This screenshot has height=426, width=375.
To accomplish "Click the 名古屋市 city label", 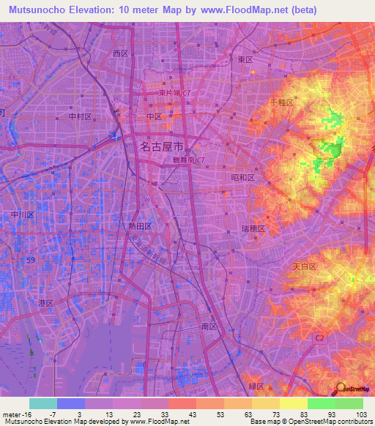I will (x=162, y=146).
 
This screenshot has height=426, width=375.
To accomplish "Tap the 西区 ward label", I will (x=121, y=53).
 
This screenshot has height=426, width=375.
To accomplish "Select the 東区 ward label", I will (x=245, y=59).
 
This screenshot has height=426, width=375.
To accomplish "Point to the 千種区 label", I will (x=282, y=103).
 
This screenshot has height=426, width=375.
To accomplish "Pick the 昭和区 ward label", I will (x=242, y=178).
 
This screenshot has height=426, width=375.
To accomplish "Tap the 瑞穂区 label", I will (x=252, y=229).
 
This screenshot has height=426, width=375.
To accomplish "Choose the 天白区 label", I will (x=305, y=267).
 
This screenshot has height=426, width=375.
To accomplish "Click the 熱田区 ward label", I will (x=141, y=227).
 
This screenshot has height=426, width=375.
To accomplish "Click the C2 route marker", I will (x=319, y=337).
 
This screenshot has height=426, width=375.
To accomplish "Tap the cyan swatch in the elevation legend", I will (x=43, y=403).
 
